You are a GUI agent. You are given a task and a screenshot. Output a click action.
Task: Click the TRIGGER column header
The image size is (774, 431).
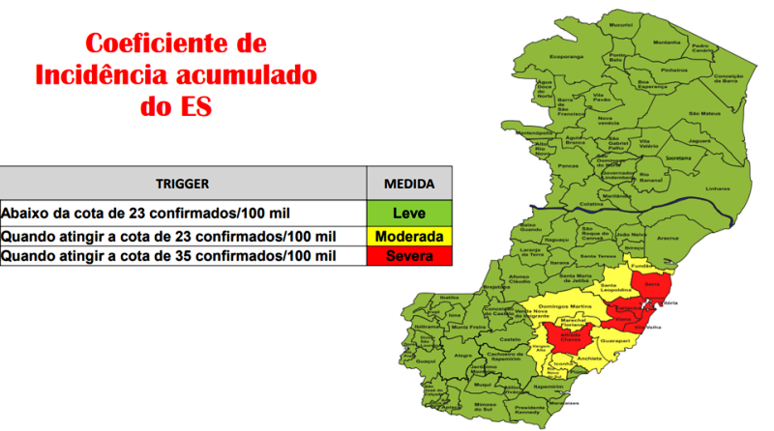[x=183, y=183]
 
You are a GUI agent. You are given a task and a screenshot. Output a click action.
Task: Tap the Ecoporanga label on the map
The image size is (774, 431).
[x=567, y=57]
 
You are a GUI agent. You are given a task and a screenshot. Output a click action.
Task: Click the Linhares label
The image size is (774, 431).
[x=718, y=188]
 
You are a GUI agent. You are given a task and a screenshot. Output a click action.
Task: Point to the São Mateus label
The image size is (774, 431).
[x=699, y=113]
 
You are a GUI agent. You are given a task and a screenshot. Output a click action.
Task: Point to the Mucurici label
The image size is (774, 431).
[x=621, y=22]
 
